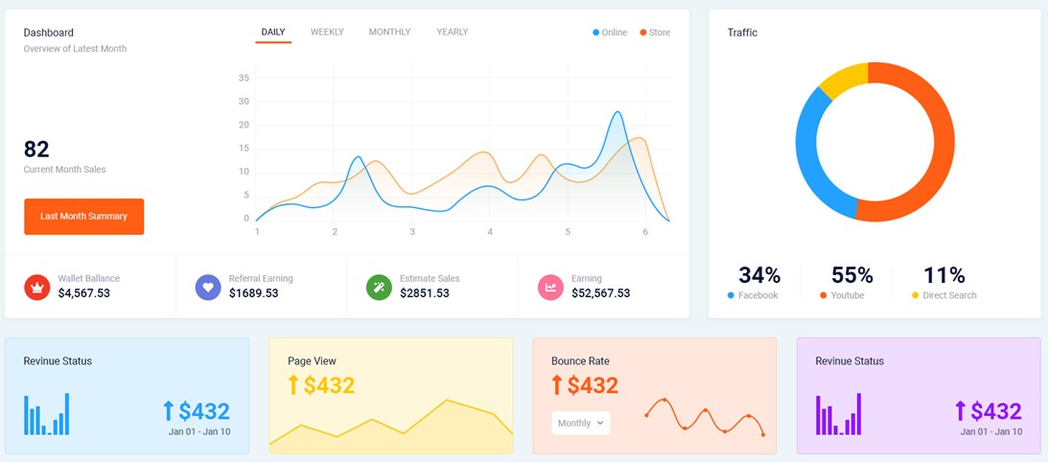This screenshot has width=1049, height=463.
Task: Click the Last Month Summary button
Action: click(83, 217)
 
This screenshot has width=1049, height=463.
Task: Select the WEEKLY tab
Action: click(327, 33)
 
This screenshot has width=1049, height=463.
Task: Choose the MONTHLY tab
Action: click(389, 33)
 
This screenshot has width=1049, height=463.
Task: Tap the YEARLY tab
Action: click(453, 33)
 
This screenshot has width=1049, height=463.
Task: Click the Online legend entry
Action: click(610, 33)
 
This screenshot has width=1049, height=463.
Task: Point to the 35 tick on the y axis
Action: click(244, 78)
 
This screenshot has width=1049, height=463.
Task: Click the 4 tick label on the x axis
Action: click(490, 232)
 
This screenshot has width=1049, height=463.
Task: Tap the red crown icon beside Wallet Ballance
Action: click(36, 287)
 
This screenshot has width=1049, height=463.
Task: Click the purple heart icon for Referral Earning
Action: click(208, 287)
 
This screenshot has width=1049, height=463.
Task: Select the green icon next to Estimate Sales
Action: click(379, 287)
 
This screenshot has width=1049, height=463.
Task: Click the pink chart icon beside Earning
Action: click(550, 287)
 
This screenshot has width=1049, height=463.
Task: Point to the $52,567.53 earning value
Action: click(600, 293)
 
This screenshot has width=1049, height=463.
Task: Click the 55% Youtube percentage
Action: click(851, 276)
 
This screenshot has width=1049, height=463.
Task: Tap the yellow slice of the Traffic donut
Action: click(844, 80)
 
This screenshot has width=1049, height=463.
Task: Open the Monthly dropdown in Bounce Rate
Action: click(581, 423)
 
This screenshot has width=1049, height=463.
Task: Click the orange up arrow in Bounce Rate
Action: click(556, 385)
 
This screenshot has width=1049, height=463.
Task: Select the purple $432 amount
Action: click(995, 411)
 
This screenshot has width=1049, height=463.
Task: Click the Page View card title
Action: click(312, 361)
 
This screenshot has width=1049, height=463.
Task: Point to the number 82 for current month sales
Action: click(36, 150)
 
